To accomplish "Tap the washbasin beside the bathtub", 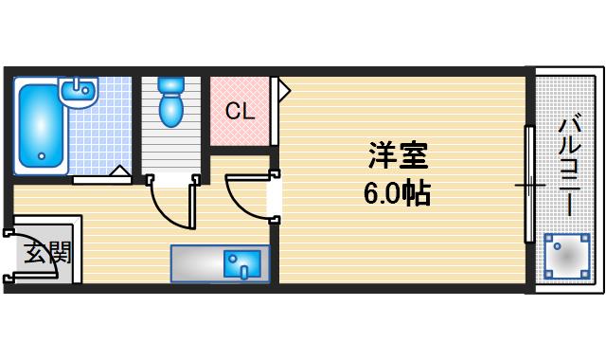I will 77,91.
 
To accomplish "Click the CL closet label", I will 240,111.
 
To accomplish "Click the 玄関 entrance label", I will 42,253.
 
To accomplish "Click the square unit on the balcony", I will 566,257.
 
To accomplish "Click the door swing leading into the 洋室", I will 248,194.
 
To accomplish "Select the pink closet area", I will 240,111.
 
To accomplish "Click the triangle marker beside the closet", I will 284,91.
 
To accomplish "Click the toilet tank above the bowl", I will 171,84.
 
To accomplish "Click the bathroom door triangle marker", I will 120,171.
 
